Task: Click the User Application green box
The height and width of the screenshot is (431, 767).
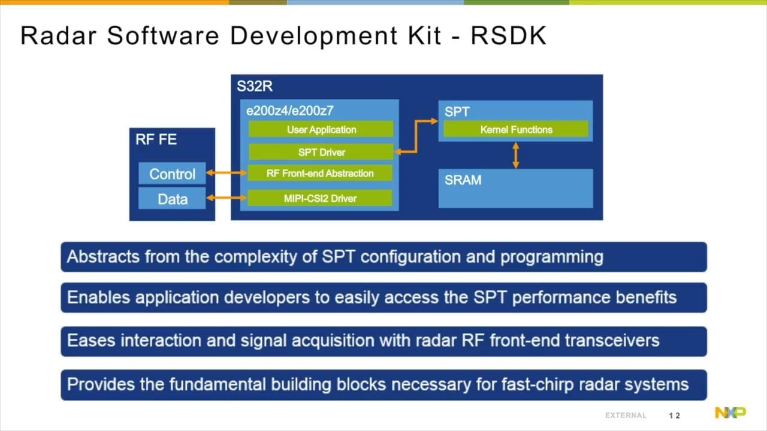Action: click(x=321, y=129)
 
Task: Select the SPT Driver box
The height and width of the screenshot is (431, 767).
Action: click(x=321, y=152)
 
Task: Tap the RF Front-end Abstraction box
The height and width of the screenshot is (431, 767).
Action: click(x=320, y=174)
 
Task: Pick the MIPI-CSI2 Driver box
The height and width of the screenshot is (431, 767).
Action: click(x=320, y=198)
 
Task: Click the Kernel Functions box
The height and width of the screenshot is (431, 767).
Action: click(x=516, y=129)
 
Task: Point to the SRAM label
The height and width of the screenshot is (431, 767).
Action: click(x=463, y=180)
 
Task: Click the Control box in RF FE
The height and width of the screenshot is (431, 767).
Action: click(x=172, y=174)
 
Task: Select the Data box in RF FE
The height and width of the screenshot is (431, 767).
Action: click(x=172, y=199)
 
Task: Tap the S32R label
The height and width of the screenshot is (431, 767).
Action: click(x=255, y=87)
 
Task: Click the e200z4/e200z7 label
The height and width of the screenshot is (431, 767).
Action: click(x=290, y=111)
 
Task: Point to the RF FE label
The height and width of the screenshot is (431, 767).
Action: click(x=156, y=140)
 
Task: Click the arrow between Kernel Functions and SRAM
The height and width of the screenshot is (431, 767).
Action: click(x=516, y=154)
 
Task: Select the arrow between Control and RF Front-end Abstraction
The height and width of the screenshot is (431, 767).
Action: click(x=227, y=174)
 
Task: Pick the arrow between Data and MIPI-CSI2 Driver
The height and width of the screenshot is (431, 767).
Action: click(x=227, y=197)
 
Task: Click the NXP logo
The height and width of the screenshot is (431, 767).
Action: click(x=730, y=412)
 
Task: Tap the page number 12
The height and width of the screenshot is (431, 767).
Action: click(x=675, y=415)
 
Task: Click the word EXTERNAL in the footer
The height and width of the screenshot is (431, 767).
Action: click(x=626, y=415)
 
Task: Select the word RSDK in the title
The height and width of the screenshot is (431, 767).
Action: click(x=508, y=36)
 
